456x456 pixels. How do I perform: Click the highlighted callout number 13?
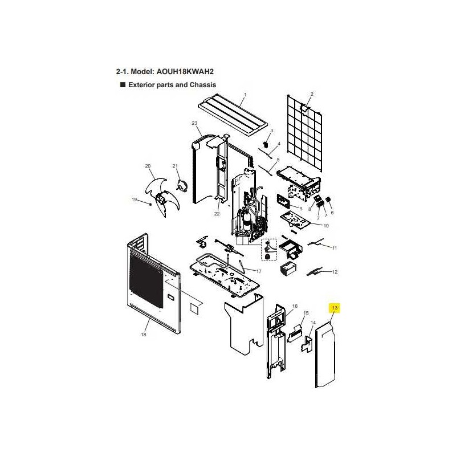tap(335, 308)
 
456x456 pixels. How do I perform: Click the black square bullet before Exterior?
tap(123, 84)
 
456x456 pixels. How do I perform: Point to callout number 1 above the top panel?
tap(245, 95)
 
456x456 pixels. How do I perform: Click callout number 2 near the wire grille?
tap(312, 94)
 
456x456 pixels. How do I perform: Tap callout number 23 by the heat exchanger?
tap(194, 123)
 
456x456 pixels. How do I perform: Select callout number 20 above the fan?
tap(148, 166)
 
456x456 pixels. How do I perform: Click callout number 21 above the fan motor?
tap(175, 166)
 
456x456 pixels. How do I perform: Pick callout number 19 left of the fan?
tap(135, 200)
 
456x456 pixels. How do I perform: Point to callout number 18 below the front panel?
tap(144, 335)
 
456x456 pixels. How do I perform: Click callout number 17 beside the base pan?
tap(259, 271)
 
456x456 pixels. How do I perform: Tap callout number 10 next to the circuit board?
tap(326, 226)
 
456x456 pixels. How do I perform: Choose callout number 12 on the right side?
tap(335, 272)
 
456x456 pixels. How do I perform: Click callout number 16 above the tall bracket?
tap(295, 306)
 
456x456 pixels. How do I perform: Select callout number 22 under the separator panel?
tap(217, 214)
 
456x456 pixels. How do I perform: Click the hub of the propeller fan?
tap(160, 198)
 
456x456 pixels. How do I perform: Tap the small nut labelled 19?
tap(150, 204)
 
